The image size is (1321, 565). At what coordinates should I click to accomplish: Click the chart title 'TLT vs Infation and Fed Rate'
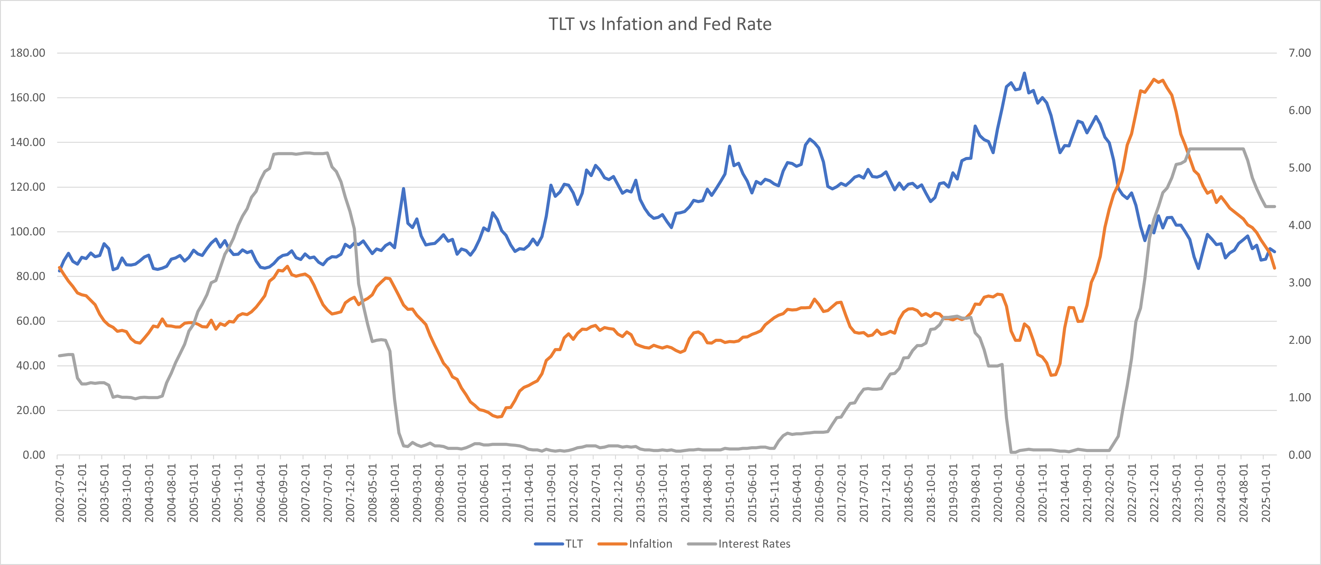pyautogui.click(x=660, y=24)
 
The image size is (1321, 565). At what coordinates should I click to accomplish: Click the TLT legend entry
pyautogui.click(x=574, y=544)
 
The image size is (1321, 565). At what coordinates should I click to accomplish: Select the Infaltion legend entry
pyautogui.click(x=650, y=544)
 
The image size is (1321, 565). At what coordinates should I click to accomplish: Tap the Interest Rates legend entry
pyautogui.click(x=754, y=544)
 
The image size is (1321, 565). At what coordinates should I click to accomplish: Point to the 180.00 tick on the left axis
pyautogui.click(x=28, y=53)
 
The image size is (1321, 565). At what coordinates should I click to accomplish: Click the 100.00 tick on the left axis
pyautogui.click(x=28, y=232)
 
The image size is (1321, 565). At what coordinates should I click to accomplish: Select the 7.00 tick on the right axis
pyautogui.click(x=1299, y=53)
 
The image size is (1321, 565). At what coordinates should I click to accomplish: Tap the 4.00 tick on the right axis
pyautogui.click(x=1299, y=225)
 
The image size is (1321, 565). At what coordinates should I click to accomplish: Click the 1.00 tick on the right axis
pyautogui.click(x=1299, y=397)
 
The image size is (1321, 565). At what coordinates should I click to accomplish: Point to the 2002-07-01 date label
pyautogui.click(x=60, y=493)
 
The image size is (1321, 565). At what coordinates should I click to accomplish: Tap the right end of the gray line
pyautogui.click(x=1275, y=206)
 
